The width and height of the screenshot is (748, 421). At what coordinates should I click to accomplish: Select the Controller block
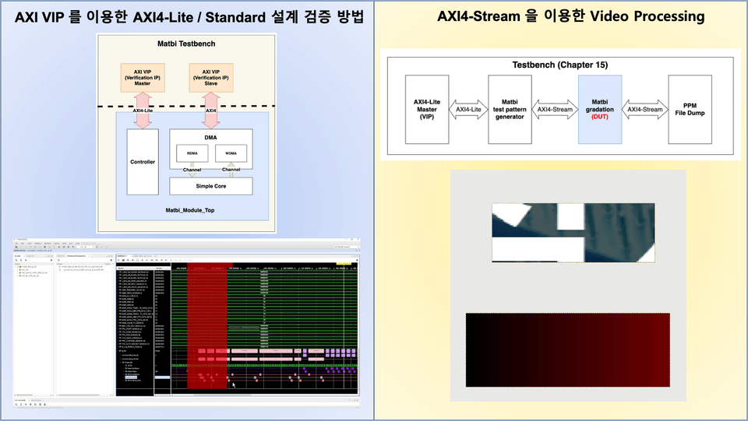click(x=143, y=162)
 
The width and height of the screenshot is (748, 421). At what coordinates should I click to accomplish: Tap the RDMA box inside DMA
click(x=192, y=153)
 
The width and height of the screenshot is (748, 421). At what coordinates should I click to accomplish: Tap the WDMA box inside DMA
click(x=231, y=153)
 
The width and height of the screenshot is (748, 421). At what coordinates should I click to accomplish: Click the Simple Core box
click(x=211, y=186)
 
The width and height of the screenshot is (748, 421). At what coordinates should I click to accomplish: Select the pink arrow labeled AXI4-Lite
click(x=142, y=110)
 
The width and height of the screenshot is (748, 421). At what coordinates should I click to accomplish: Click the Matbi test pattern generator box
click(x=510, y=109)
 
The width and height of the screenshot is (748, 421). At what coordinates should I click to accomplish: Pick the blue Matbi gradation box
click(x=600, y=109)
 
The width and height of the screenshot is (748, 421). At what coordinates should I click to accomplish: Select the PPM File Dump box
click(x=690, y=109)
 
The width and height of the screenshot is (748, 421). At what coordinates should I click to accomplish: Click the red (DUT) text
click(x=600, y=118)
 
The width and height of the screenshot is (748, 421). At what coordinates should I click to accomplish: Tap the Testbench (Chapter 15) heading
click(x=559, y=65)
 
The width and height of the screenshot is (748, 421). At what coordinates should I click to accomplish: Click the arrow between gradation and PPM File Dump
click(x=645, y=110)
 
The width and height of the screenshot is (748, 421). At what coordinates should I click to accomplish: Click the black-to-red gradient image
click(x=567, y=349)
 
